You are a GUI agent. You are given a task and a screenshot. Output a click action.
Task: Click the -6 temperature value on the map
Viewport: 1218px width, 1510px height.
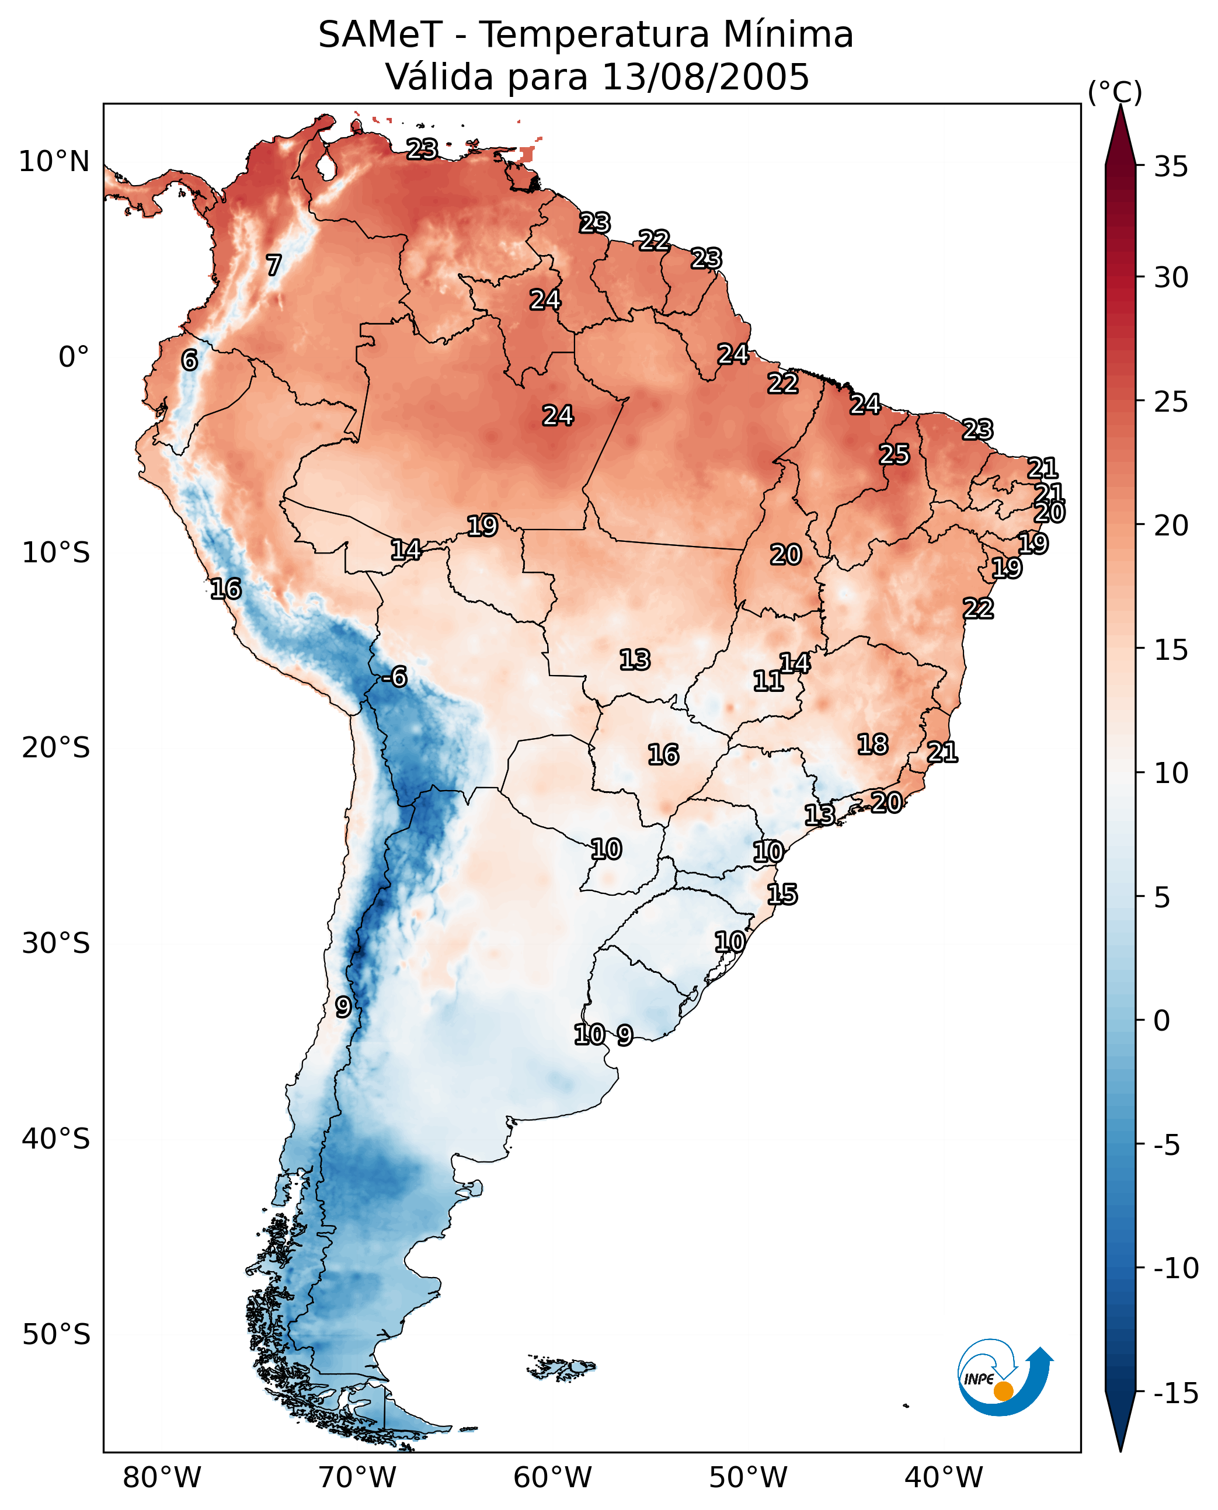[394, 677]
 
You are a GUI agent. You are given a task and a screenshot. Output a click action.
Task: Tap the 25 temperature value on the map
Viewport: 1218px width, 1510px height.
[895, 455]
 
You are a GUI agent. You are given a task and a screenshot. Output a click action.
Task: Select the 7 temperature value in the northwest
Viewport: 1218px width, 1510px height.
[274, 265]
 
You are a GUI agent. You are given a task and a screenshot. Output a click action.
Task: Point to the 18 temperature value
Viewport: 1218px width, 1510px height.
[873, 744]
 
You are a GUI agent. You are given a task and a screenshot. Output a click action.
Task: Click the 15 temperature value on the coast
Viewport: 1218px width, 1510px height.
[782, 895]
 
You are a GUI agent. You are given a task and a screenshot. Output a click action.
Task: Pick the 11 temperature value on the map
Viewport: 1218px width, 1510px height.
[768, 681]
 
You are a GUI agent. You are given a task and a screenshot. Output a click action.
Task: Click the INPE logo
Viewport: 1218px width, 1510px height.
[1005, 1377]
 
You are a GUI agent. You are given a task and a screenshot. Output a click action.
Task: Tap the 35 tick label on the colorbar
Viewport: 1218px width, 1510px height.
[1171, 167]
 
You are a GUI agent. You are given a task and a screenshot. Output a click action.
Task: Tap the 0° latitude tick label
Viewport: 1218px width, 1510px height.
[74, 357]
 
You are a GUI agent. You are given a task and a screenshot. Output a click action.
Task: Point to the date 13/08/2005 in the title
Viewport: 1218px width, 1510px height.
[706, 76]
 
